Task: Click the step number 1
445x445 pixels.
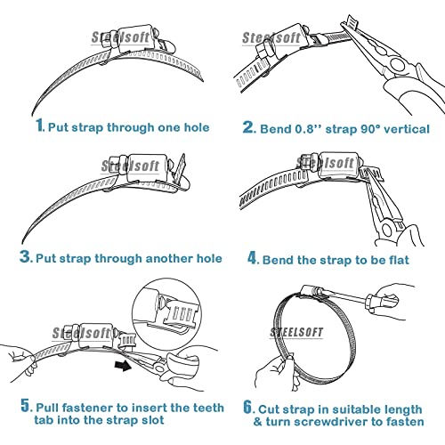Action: [x=40, y=125]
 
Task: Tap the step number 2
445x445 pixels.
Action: [x=248, y=126]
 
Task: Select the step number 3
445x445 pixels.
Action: [x=25, y=256]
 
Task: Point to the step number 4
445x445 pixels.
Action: [x=253, y=258]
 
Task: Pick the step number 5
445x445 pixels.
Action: [x=26, y=405]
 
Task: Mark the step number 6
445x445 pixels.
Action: [x=248, y=407]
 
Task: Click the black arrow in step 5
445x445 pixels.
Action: [x=123, y=366]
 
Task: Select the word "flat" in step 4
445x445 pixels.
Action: [x=399, y=260]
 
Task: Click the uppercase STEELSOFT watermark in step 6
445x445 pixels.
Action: [x=296, y=332]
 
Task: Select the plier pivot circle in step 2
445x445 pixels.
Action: [x=397, y=64]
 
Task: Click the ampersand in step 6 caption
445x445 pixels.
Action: [x=258, y=422]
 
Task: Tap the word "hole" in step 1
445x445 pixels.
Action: [x=197, y=127]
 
